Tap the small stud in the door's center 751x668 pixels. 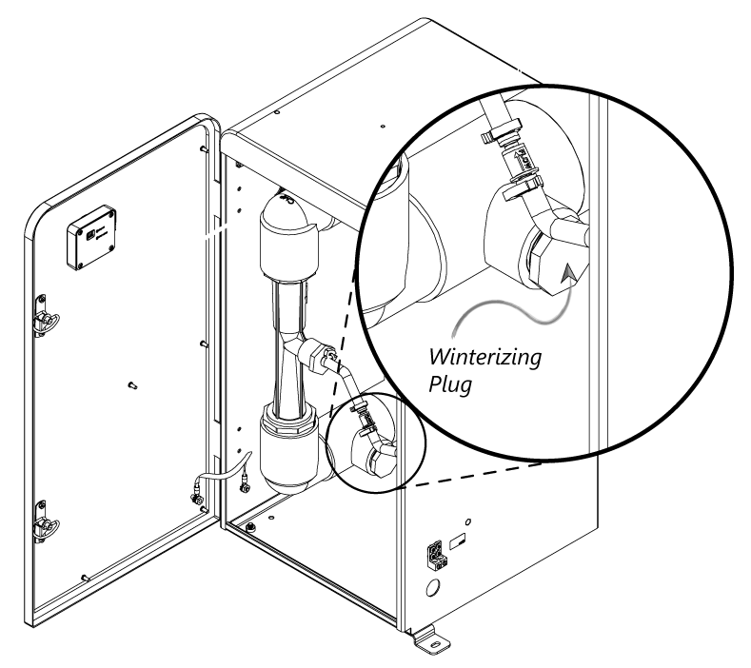(x=132, y=385)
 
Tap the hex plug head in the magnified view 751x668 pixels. (x=543, y=263)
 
